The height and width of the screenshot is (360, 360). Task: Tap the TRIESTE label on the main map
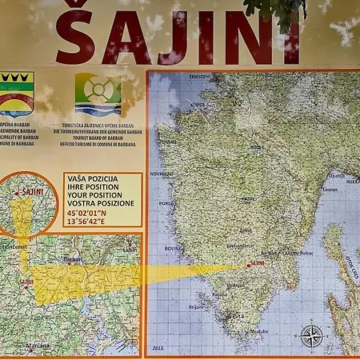[198, 77]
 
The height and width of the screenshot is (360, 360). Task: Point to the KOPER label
[197, 105]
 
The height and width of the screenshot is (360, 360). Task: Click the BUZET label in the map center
[258, 147]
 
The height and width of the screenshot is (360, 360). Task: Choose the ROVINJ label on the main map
[171, 248]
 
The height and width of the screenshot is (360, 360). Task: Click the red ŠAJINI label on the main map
[257, 262]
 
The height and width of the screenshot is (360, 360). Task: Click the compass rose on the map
[311, 334]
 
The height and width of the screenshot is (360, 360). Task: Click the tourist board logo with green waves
[98, 94]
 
